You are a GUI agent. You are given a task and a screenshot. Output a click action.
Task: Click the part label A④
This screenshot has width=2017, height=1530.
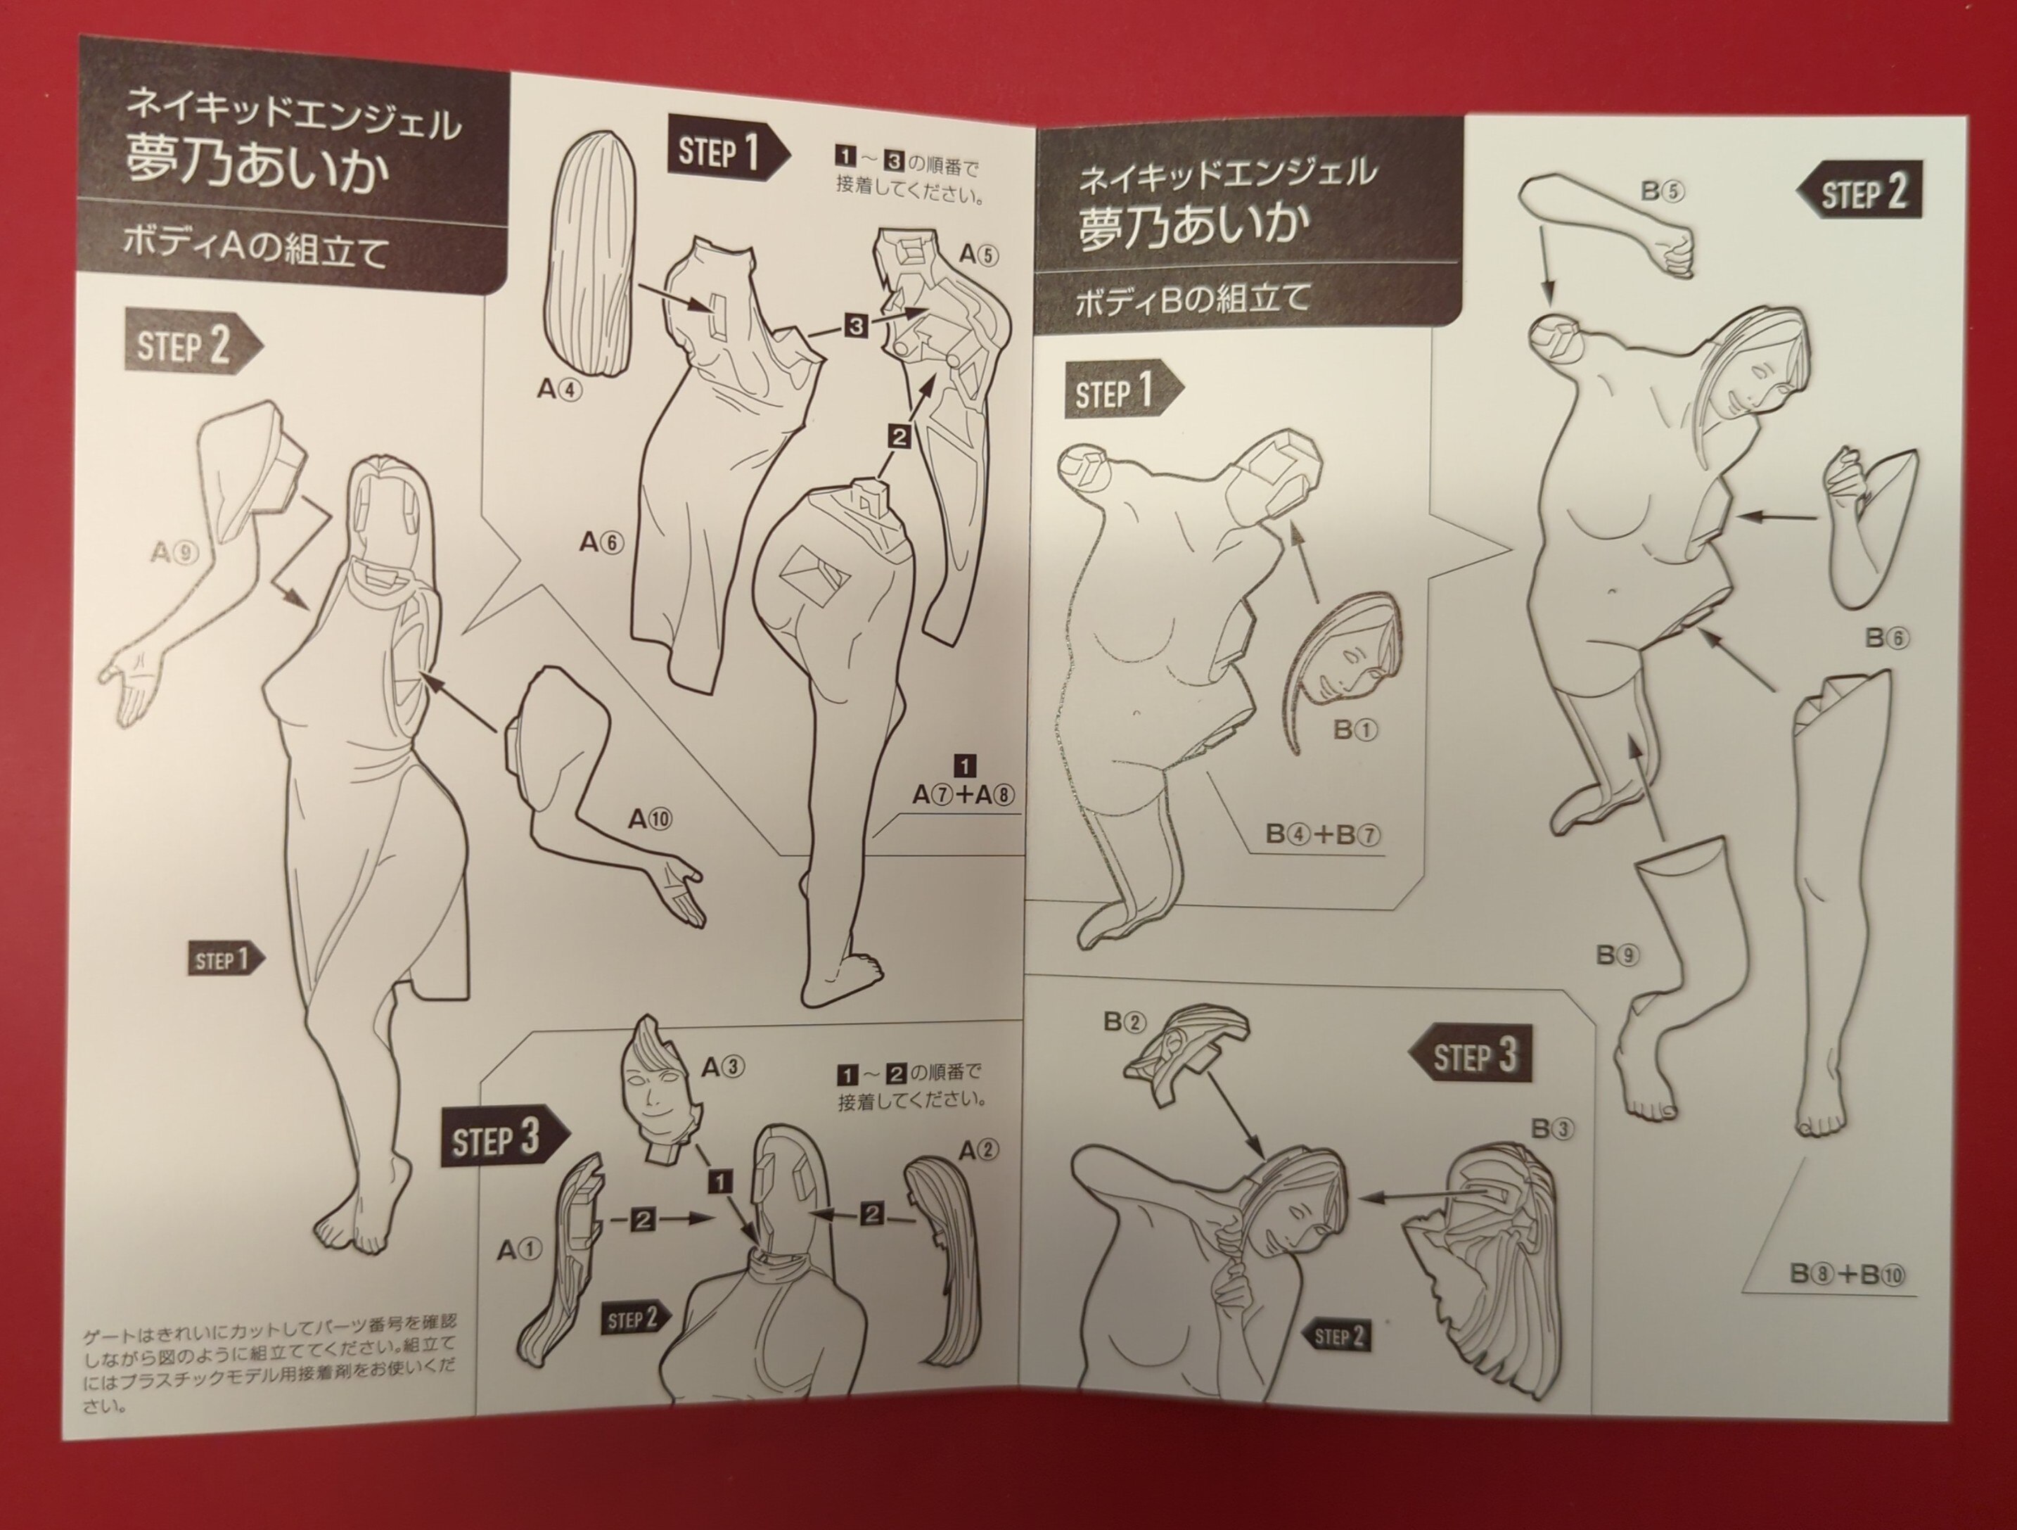pyautogui.click(x=559, y=389)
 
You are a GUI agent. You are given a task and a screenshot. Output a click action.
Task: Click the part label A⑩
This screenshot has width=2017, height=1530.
pyautogui.click(x=649, y=819)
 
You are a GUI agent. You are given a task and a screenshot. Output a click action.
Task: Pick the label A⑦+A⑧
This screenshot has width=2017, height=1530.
pyautogui.click(x=963, y=795)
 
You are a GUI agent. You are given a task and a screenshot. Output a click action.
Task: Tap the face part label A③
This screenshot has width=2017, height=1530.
pyautogui.click(x=724, y=1067)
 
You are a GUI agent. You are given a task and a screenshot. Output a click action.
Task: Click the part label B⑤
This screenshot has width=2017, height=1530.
pyautogui.click(x=1663, y=191)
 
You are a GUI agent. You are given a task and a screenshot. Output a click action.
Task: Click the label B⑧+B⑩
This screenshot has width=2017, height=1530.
pyautogui.click(x=1848, y=1274)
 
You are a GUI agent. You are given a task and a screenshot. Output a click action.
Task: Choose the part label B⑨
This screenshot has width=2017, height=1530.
pyautogui.click(x=1618, y=955)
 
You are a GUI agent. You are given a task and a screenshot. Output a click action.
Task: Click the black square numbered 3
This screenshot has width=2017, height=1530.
pyautogui.click(x=855, y=324)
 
